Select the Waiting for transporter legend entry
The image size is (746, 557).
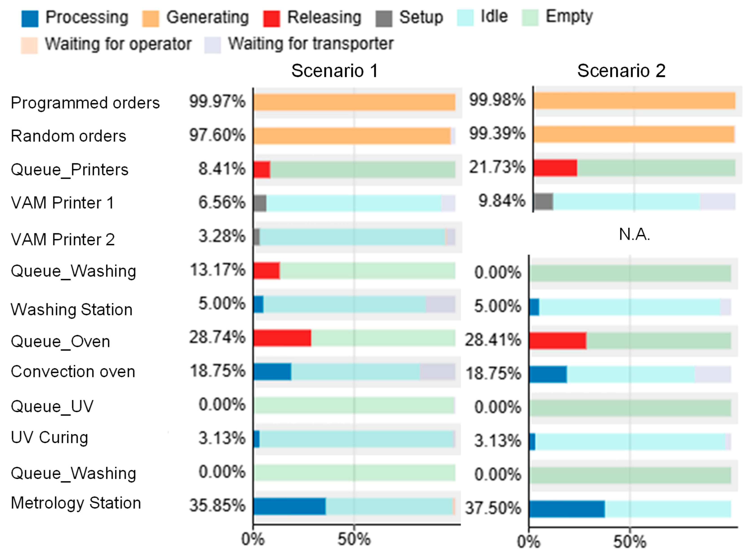click(299, 44)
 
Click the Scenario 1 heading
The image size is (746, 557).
click(335, 71)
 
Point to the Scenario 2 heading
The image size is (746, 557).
click(621, 71)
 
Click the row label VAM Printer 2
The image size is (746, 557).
click(63, 239)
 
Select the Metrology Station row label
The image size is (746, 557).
click(76, 503)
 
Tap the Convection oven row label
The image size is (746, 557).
click(73, 372)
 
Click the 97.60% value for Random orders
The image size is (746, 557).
click(217, 135)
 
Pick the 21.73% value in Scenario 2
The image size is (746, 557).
click(497, 167)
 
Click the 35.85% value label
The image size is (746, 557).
click(217, 505)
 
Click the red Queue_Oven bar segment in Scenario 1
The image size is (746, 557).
click(282, 338)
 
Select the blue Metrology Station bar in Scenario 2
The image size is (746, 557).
click(567, 509)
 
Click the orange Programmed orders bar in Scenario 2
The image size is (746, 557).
click(634, 100)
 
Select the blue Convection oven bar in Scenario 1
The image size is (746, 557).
click(272, 372)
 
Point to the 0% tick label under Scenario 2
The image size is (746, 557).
click(529, 542)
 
